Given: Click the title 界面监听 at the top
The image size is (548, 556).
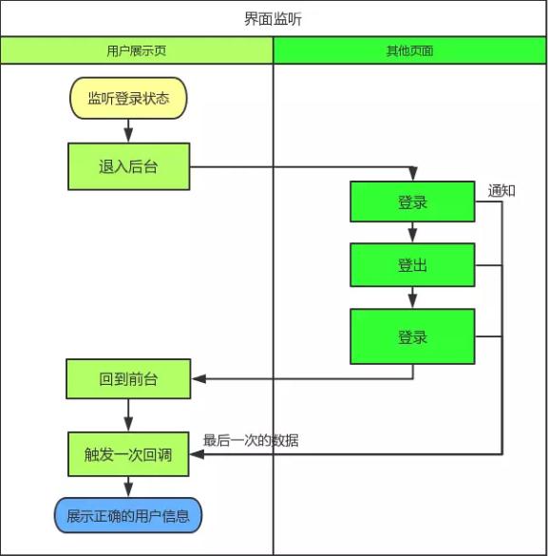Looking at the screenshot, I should pos(274,19).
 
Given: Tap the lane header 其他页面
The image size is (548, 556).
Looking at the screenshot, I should pos(409,51).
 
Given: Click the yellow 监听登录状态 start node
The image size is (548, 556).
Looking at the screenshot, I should pos(128,99).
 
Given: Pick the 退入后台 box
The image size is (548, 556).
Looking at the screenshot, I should pos(128,166).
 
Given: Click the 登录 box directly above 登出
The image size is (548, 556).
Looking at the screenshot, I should pos(412,202).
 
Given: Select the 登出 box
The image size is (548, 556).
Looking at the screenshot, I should pos(412,265).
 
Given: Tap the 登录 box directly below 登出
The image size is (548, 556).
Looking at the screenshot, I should pos(412,336).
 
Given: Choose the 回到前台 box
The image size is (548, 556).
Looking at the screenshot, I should pos(128,379).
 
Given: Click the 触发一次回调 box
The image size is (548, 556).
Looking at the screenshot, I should pos(128,454).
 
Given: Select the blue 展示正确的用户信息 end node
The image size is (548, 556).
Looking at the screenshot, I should pos(128,516).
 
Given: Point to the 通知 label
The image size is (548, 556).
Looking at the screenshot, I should pos(501,190).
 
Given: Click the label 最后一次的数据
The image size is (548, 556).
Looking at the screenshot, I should pos(251,440).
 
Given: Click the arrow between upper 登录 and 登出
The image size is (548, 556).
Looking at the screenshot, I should pos(412,233).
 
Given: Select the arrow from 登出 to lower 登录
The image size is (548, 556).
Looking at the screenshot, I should pos(412,298).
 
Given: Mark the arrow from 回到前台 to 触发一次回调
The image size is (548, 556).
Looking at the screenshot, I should pos(128,415).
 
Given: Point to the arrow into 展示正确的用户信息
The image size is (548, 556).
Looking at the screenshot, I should pos(128,487).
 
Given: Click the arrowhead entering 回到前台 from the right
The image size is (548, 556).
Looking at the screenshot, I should pos(198,379).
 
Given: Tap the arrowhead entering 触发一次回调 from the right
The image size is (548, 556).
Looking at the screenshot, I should pos(198,454).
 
